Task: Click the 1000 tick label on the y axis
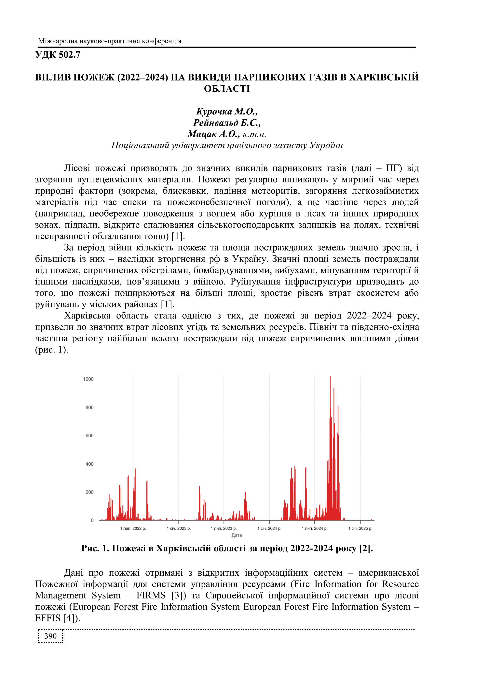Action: (x=88, y=379)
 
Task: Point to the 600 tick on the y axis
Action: (x=89, y=436)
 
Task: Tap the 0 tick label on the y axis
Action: (x=92, y=520)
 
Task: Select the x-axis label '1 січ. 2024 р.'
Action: (x=269, y=528)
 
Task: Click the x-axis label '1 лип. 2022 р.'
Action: (x=133, y=528)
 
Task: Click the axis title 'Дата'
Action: (x=237, y=535)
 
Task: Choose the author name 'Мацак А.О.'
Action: (x=213, y=134)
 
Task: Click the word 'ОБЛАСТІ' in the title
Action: (x=227, y=89)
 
